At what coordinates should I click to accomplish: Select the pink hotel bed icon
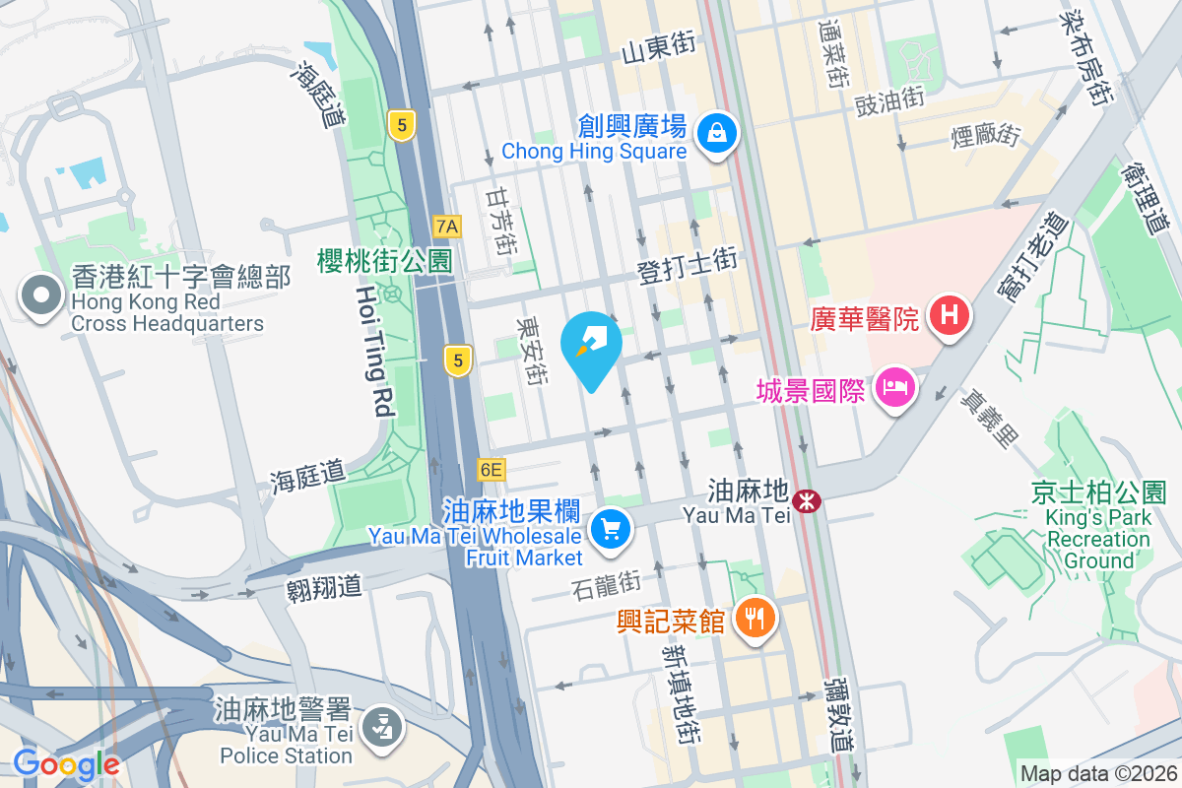point(895,386)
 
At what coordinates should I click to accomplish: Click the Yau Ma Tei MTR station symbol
point(808,501)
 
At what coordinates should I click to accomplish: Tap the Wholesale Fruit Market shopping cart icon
point(611,530)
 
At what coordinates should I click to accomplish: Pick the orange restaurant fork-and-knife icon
point(755,619)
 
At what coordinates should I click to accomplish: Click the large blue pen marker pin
point(591,345)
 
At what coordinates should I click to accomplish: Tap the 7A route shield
point(447,227)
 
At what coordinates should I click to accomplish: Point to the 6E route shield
point(491,470)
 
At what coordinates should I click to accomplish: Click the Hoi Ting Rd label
point(374,352)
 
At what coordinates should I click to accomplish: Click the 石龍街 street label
point(606,584)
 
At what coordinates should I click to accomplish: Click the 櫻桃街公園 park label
point(384,261)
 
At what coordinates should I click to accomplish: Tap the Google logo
point(66,763)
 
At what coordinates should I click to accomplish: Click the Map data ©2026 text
point(1098,773)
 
